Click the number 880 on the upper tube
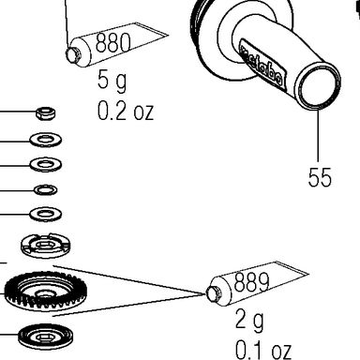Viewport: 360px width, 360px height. coord(112,42)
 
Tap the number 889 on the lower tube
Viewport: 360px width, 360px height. coord(251,281)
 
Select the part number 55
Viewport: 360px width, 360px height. coord(320,177)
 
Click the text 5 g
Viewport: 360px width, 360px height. coord(112,81)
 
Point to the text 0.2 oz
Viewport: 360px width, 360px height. coord(126,111)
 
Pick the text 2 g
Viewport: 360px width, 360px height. coord(249,320)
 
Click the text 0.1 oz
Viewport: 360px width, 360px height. coord(263,350)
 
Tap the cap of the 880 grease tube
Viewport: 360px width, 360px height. coord(73,54)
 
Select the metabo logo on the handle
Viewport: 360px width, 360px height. coord(262,64)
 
